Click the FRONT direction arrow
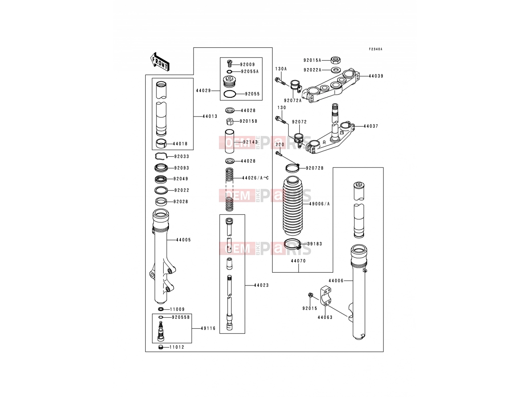(160, 62)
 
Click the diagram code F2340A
(375, 49)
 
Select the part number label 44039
(376, 76)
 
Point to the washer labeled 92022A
(335, 70)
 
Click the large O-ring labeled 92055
(230, 94)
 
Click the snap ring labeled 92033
(161, 156)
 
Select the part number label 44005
(184, 240)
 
